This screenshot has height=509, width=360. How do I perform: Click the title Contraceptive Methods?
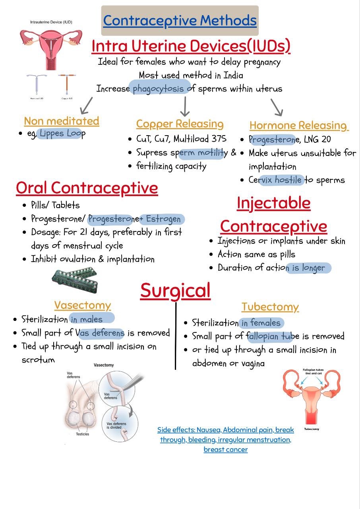[180, 21]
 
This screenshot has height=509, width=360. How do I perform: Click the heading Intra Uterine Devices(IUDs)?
[191, 47]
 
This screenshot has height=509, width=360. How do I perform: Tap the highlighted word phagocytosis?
[158, 89]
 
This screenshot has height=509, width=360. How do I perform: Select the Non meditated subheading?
[62, 121]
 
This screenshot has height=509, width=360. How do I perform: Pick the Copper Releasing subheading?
[180, 124]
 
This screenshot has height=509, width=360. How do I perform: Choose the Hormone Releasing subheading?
[299, 126]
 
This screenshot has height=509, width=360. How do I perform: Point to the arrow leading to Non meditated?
[87, 106]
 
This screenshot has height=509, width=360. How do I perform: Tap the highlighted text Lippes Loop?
[63, 134]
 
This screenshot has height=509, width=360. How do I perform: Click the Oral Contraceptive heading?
[87, 188]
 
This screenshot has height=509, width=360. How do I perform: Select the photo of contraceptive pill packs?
[75, 280]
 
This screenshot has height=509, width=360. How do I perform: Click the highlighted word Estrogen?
[163, 219]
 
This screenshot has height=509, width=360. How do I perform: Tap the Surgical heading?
[176, 291]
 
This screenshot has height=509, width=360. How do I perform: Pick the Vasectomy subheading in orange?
[83, 306]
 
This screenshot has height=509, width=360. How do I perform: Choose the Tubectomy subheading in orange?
[270, 307]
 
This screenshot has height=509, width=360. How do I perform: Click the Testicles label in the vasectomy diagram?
[82, 434]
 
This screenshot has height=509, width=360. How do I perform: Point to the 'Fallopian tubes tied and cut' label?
[313, 371]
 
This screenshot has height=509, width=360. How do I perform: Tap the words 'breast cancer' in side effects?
[226, 449]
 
